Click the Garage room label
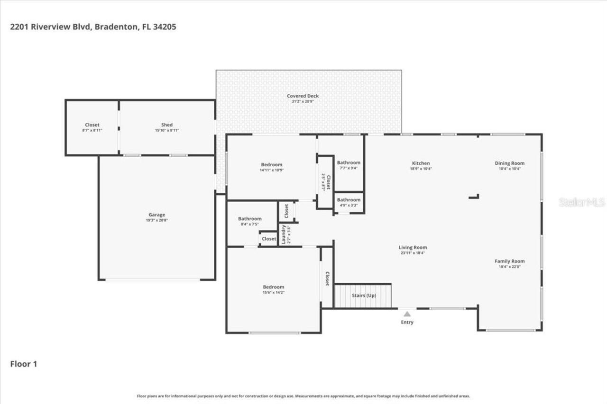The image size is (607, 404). tap(156, 215)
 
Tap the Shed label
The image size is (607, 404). tap(166, 125)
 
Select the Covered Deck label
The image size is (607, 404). tap(303, 96)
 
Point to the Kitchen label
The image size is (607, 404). tap(421, 163)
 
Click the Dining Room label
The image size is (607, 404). tap(509, 163)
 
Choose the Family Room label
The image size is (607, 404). tap(509, 261)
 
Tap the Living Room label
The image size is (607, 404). tap(413, 247)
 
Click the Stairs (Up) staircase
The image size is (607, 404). tap(363, 296)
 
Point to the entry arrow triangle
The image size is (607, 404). tap(407, 314)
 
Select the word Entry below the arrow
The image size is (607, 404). tap(407, 323)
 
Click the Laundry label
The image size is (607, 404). tap(284, 233)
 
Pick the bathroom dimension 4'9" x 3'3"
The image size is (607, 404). tap(349, 205)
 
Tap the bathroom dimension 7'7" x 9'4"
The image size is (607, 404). tap(349, 168)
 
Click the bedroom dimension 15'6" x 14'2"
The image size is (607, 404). tap(274, 292)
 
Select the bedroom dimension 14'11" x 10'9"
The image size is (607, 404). tap(271, 170)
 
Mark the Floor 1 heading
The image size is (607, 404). tap(24, 364)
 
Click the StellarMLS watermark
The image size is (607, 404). tap(582, 202)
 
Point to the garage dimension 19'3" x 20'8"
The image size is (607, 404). tap(156, 220)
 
